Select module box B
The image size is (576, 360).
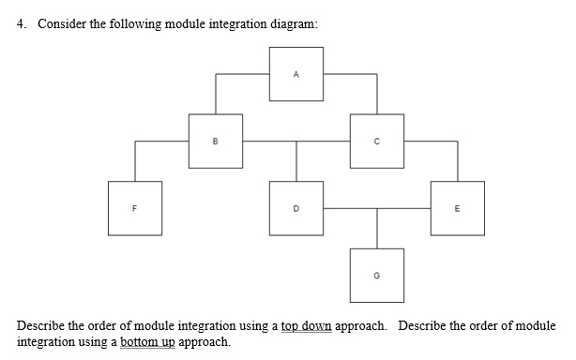click(x=216, y=141)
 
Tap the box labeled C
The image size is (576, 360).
click(x=377, y=141)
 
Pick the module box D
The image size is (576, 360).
click(x=297, y=207)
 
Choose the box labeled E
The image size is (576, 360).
click(x=458, y=207)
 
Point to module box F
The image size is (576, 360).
click(x=135, y=207)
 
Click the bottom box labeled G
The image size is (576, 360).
click(x=377, y=275)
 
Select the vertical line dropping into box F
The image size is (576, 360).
click(x=135, y=161)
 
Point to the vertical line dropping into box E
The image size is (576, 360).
click(x=458, y=161)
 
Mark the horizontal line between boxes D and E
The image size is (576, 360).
click(x=377, y=208)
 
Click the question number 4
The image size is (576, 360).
click(x=22, y=24)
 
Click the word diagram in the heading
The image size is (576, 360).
click(x=291, y=24)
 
